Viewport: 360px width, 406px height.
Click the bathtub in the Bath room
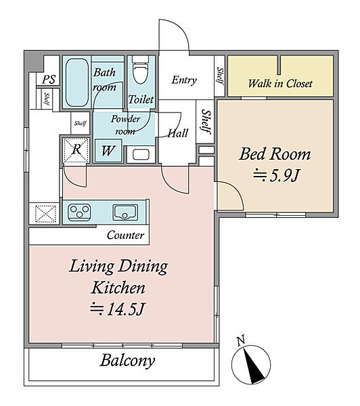pyautogui.click(x=77, y=83)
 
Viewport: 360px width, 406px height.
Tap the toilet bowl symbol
pyautogui.click(x=141, y=70)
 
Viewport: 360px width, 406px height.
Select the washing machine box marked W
pyautogui.click(x=108, y=151)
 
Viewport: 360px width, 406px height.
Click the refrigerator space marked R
pyautogui.click(x=76, y=150)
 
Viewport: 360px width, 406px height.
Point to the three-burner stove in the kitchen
pyautogui.click(x=79, y=212)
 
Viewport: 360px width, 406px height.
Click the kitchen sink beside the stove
pyautogui.click(x=125, y=212)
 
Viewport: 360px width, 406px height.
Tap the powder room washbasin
pyautogui.click(x=141, y=155)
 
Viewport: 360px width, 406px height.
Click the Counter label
pyautogui.click(x=125, y=235)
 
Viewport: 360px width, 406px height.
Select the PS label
pyautogui.click(x=49, y=79)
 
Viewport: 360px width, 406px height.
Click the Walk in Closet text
pyautogui.click(x=280, y=83)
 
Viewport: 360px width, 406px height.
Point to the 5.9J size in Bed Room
pyautogui.click(x=276, y=175)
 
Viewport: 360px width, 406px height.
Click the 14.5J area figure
pyautogui.click(x=117, y=309)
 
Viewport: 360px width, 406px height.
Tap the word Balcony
pyautogui.click(x=127, y=360)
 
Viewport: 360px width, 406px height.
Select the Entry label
pyautogui.click(x=184, y=80)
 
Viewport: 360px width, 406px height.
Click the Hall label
pyautogui.click(x=178, y=133)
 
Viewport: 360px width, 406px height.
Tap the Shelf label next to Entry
pyautogui.click(x=220, y=76)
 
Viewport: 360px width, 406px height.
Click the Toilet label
pyautogui.click(x=141, y=99)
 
